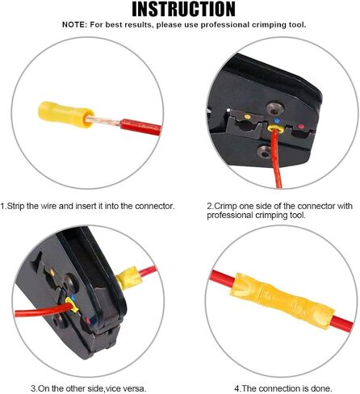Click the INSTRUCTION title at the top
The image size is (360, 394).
183,9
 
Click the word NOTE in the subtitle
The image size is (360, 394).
73,25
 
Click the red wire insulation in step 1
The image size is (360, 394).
140,128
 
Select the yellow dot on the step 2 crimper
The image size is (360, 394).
247,117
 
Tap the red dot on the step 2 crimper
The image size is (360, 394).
301,127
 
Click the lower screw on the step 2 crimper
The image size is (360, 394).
265,152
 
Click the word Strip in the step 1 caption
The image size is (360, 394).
16,207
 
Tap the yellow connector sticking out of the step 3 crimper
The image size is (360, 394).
129,278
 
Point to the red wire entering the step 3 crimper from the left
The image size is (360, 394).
43,310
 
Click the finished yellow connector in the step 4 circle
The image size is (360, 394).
282,300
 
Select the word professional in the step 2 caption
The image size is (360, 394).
230,216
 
